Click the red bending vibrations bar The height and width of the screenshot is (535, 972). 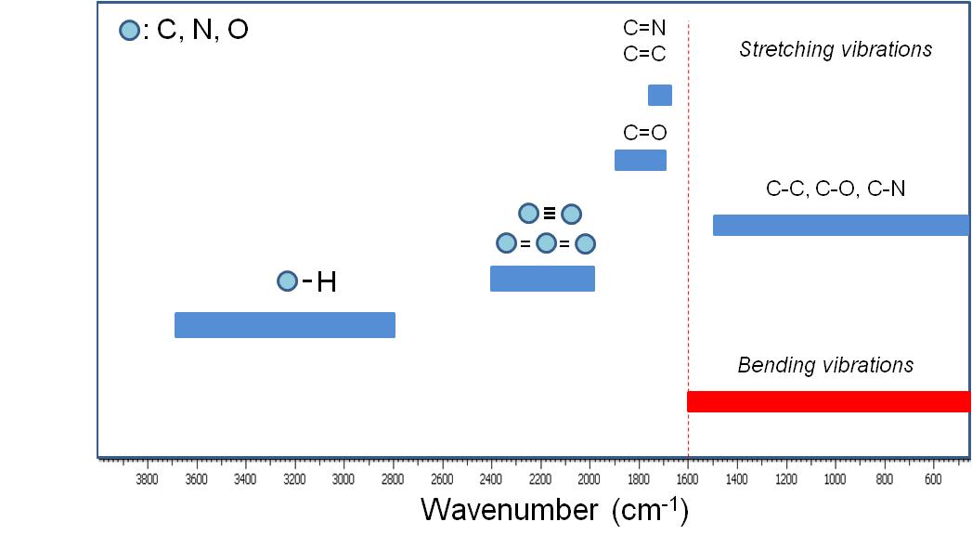[x=828, y=401]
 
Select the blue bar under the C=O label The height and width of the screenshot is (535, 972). [x=641, y=160]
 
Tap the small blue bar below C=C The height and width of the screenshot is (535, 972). [x=660, y=95]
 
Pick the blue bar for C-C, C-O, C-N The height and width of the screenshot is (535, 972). [x=840, y=225]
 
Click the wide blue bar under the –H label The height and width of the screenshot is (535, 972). [x=285, y=325]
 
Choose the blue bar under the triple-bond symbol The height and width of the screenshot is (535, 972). [x=542, y=279]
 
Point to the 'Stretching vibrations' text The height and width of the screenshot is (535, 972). [x=836, y=50]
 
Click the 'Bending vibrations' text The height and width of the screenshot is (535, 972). [x=825, y=365]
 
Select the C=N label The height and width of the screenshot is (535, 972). [x=644, y=28]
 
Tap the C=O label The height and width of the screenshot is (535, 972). [x=644, y=133]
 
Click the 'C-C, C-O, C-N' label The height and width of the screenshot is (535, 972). [x=836, y=190]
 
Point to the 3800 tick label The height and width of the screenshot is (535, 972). [x=147, y=479]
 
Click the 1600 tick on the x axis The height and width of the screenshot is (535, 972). [x=687, y=479]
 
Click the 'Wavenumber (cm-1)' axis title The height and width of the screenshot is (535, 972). [x=554, y=509]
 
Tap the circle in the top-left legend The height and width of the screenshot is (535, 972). [x=129, y=31]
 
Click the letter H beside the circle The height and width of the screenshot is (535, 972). [x=326, y=282]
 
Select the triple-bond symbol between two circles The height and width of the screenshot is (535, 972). [x=550, y=214]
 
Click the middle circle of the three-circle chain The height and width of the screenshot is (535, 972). [x=546, y=243]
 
